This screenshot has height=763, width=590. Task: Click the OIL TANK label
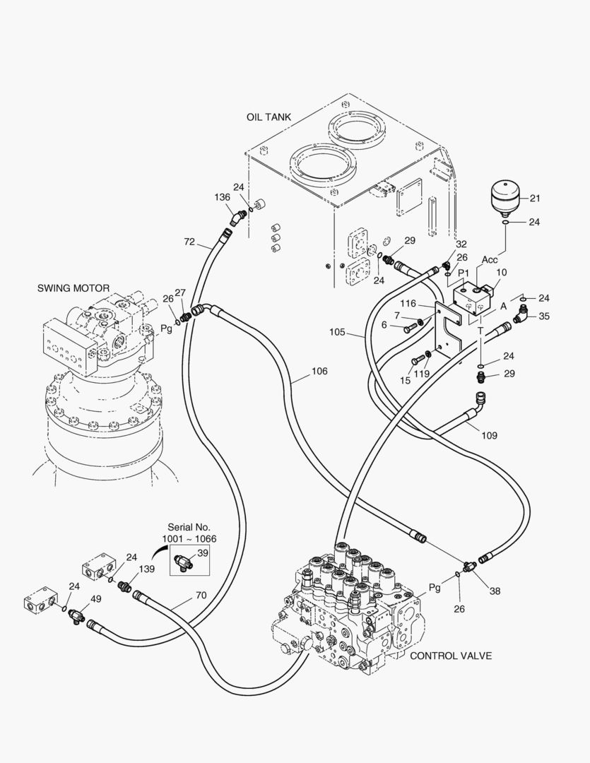tap(269, 117)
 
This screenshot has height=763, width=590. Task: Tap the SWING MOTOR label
tap(73, 288)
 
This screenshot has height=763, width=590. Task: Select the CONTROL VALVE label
tap(451, 656)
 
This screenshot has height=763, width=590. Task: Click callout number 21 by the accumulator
tap(534, 199)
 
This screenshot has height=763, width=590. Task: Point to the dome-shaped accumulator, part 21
tap(505, 196)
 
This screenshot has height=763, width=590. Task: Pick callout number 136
tap(223, 198)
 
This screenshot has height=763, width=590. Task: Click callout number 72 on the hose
tap(189, 242)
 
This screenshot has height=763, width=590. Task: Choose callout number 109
tap(489, 435)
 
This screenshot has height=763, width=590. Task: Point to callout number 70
tap(201, 595)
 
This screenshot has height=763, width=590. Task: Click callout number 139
tap(146, 569)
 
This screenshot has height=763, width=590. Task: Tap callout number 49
tap(96, 599)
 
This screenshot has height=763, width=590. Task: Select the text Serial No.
tap(189, 527)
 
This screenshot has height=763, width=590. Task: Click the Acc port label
tap(490, 260)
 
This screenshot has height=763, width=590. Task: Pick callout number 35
tap(543, 317)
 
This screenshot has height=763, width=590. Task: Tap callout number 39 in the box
tap(203, 552)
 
